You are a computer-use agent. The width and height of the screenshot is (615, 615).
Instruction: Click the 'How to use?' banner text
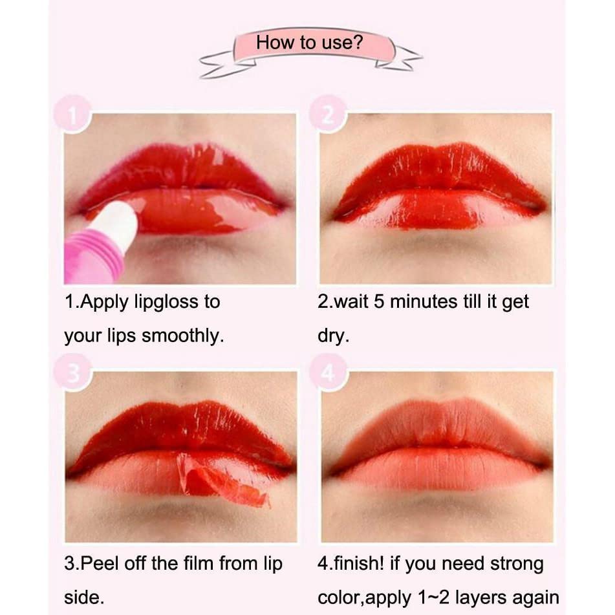point(309,43)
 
